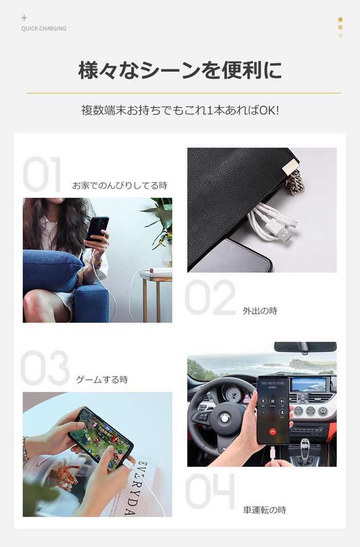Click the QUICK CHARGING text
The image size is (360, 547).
tap(44, 29)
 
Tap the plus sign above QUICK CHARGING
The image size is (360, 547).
tap(24, 17)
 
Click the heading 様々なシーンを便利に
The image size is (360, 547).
tap(180, 70)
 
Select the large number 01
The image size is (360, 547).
tap(42, 174)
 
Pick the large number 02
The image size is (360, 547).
tap(210, 297)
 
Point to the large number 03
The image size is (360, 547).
tap(45, 368)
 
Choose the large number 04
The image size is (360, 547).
tap(210, 491)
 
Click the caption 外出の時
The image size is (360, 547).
tap(260, 311)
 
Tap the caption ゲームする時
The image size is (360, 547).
tap(102, 379)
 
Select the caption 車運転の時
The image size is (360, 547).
tap(264, 510)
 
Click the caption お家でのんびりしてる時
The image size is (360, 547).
tap(119, 186)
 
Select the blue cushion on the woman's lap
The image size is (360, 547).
tap(52, 270)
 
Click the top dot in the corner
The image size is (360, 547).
tap(340, 20)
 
